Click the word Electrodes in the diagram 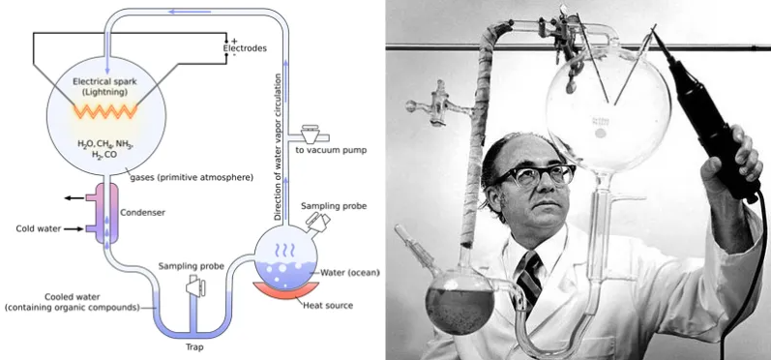pyautogui.click(x=245, y=48)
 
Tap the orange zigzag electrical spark pyautogui.click(x=105, y=111)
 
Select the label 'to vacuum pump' pyautogui.click(x=331, y=150)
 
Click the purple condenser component pyautogui.click(x=105, y=213)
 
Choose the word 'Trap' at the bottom pyautogui.click(x=194, y=347)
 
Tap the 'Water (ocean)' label pyautogui.click(x=349, y=273)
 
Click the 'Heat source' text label pyautogui.click(x=328, y=306)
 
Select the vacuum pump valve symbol pyautogui.click(x=311, y=135)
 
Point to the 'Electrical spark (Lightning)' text pyautogui.click(x=104, y=86)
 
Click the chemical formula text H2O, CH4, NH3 pyautogui.click(x=105, y=144)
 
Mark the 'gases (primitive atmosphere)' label pyautogui.click(x=192, y=177)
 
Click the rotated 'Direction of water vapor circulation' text pyautogui.click(x=278, y=146)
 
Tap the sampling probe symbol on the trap pyautogui.click(x=195, y=286)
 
